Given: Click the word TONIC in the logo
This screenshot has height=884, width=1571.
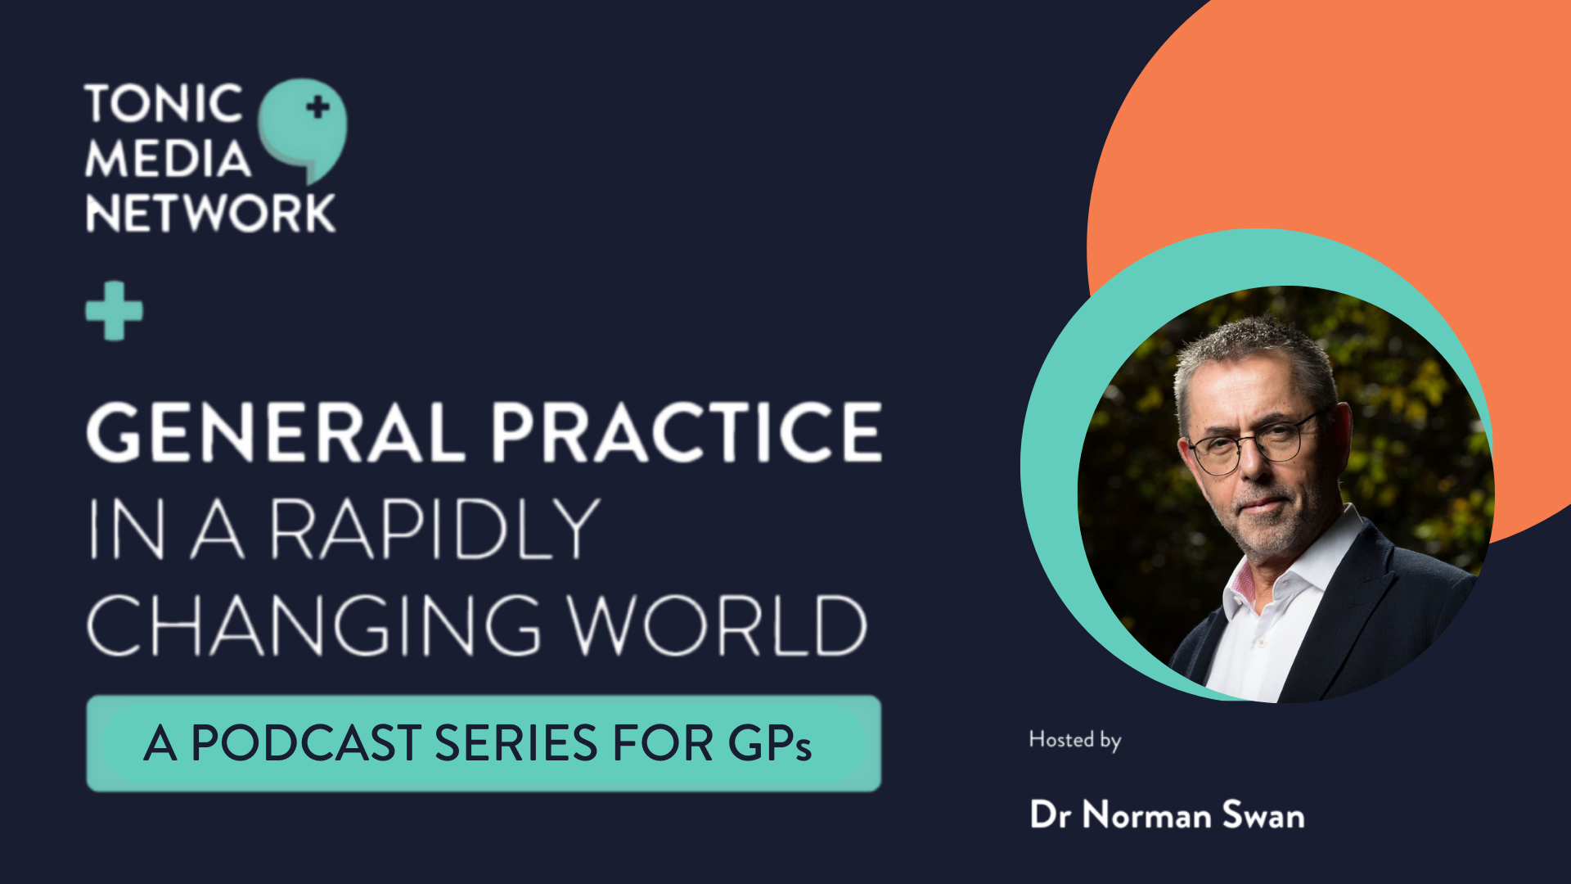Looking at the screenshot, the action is (164, 104).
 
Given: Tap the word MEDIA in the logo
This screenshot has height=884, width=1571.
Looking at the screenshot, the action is (168, 158).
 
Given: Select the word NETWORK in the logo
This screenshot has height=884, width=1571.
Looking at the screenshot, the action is (210, 213).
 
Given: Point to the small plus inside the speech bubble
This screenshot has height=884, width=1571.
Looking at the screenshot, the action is (317, 106).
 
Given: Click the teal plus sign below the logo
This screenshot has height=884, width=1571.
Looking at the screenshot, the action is (115, 310).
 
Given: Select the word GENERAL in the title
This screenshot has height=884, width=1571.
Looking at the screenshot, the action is (276, 431).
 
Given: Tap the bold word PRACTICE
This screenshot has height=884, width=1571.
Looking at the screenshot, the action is (686, 431).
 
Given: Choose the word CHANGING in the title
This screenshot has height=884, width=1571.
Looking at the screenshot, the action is (313, 625).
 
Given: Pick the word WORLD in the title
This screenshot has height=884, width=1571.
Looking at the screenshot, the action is (718, 625).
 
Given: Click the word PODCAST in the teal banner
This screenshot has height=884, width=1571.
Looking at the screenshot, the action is (306, 743).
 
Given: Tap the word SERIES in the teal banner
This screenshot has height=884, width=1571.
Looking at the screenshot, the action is (515, 743).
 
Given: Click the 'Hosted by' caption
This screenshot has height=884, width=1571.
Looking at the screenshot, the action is (1075, 740).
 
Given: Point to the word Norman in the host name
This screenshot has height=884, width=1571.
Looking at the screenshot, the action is (1147, 815).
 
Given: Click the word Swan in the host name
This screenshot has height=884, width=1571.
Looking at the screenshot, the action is (1263, 815).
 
